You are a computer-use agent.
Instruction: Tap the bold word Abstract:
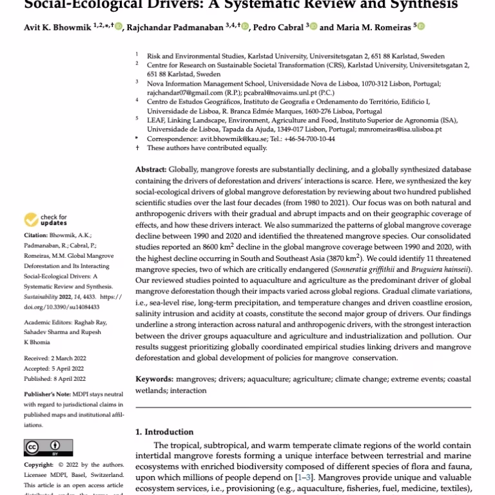point(151,169)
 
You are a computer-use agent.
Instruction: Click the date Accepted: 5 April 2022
point(55,368)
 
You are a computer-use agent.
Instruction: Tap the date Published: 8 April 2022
point(55,379)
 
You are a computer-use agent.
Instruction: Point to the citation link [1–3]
point(304,476)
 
